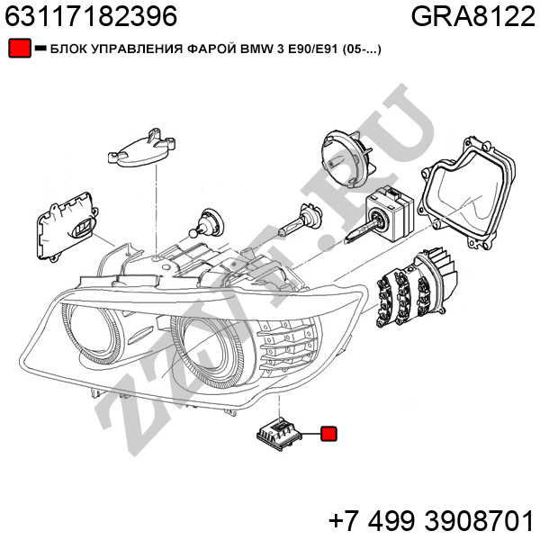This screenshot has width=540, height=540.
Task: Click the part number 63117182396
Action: (x=91, y=16)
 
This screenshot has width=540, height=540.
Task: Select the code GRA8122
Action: (x=473, y=16)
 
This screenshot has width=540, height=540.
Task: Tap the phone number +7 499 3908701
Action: (x=431, y=521)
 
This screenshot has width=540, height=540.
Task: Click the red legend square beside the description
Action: (x=20, y=49)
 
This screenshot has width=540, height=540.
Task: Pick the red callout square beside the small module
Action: (x=328, y=434)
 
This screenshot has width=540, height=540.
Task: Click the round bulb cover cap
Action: (x=346, y=158)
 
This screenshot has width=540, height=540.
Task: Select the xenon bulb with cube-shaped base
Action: (x=382, y=213)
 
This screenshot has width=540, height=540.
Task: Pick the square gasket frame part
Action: (x=466, y=193)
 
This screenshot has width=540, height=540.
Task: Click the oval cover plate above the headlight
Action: (x=142, y=148)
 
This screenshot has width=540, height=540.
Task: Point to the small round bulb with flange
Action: (x=205, y=223)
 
